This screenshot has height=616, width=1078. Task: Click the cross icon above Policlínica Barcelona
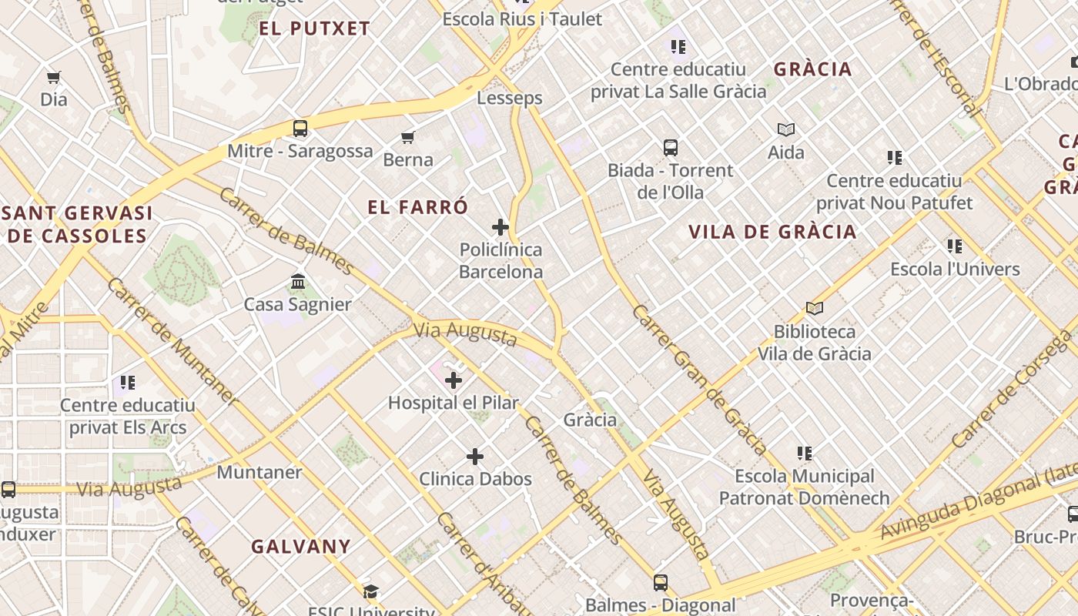point(500,227)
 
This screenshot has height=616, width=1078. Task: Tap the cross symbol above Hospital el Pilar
point(454,380)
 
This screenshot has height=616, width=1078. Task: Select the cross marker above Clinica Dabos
point(475,457)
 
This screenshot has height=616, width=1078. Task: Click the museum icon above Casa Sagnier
point(298,282)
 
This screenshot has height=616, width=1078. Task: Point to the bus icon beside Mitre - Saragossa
point(300,128)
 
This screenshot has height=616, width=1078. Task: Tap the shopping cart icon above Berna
point(407,138)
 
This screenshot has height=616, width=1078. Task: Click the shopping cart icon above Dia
point(54,77)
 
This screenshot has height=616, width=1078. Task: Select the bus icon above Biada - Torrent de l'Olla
point(671,147)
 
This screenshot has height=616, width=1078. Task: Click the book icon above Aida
point(786,129)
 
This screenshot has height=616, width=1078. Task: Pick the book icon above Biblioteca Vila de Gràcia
point(815,309)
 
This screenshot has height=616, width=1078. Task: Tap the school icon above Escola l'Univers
point(955,246)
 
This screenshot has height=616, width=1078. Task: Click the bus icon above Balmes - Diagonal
point(661,582)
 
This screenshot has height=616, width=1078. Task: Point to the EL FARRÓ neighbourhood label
point(418,207)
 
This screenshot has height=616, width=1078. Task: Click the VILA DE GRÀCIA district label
point(772,232)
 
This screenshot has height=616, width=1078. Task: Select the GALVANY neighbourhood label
point(301,547)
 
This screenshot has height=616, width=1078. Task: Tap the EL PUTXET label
point(315,29)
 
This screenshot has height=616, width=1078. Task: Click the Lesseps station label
point(510,98)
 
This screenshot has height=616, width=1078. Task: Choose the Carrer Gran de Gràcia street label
point(699,380)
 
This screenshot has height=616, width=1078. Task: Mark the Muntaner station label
point(259,471)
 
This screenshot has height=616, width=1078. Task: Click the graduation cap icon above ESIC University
point(371,591)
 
